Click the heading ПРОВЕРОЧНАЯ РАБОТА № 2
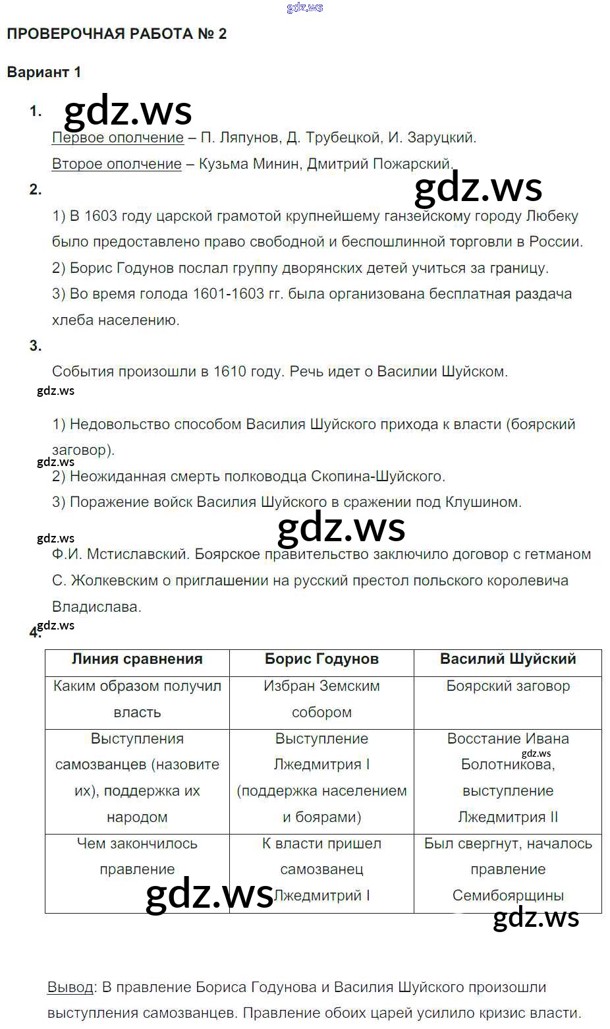pyautogui.click(x=117, y=34)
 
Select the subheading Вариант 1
pyautogui.click(x=43, y=73)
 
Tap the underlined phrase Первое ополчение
pyautogui.click(x=117, y=138)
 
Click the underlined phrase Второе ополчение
pyautogui.click(x=116, y=164)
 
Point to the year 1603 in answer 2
pyautogui.click(x=101, y=216)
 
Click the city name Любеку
pyautogui.click(x=552, y=216)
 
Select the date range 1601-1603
pyautogui.click(x=228, y=294)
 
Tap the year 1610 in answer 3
pyautogui.click(x=230, y=372)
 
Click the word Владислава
pyautogui.click(x=96, y=606)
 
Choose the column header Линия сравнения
pyautogui.click(x=137, y=659)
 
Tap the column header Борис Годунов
pyautogui.click(x=321, y=659)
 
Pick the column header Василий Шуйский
pyautogui.click(x=508, y=659)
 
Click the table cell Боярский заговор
pyautogui.click(x=508, y=686)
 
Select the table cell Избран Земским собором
pyautogui.click(x=321, y=699)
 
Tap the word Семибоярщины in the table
pyautogui.click(x=508, y=896)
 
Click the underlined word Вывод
pyautogui.click(x=70, y=987)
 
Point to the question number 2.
pyautogui.click(x=36, y=190)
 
